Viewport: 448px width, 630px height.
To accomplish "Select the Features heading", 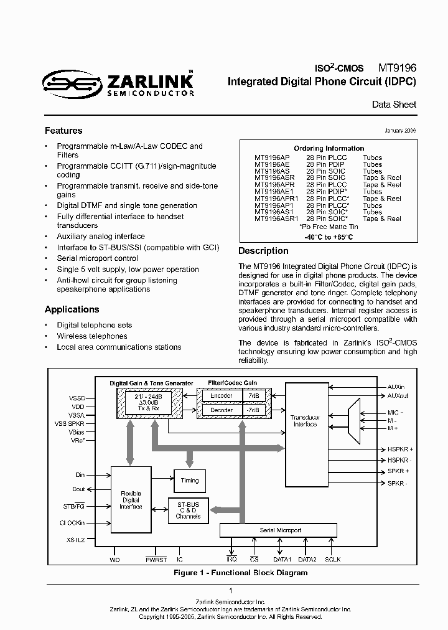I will pyautogui.click(x=63, y=131).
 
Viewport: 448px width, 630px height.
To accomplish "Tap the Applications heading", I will pyautogui.click(x=72, y=309).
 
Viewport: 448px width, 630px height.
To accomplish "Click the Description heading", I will pyautogui.click(x=263, y=251).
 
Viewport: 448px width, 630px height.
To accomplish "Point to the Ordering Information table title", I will pyautogui.click(x=329, y=148).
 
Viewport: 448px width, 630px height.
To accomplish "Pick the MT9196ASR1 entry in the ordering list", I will pyautogui.click(x=276, y=219).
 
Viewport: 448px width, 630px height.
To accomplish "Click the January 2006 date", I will pyautogui.click(x=400, y=131).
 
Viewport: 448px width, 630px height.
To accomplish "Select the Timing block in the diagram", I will pyautogui.click(x=190, y=480).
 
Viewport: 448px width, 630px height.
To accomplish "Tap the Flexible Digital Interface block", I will pyautogui.click(x=131, y=500).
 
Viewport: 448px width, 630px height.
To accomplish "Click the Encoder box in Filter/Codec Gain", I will pyautogui.click(x=221, y=395).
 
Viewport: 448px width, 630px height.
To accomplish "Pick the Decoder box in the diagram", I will pyautogui.click(x=221, y=410).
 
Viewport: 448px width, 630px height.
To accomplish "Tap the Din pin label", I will pyautogui.click(x=80, y=475).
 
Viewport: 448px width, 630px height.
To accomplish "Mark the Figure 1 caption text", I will pyautogui.click(x=240, y=573).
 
